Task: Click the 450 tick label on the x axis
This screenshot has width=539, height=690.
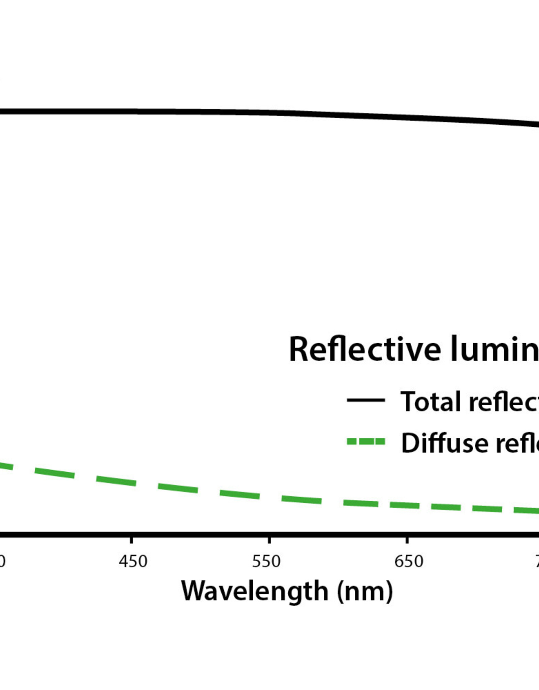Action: [x=133, y=561]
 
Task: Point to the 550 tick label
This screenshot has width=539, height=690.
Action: [x=266, y=561]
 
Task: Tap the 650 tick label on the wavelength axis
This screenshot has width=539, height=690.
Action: [x=409, y=561]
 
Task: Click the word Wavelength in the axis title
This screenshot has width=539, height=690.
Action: [x=254, y=591]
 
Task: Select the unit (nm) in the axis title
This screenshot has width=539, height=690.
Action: [x=365, y=591]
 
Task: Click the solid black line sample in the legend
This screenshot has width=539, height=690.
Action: [x=366, y=400]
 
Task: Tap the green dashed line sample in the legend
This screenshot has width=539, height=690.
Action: [x=366, y=442]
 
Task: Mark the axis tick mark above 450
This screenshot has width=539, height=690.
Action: [x=131, y=540]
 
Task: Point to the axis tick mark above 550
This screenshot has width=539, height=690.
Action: [x=269, y=540]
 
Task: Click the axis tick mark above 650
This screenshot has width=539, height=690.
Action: [x=407, y=540]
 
